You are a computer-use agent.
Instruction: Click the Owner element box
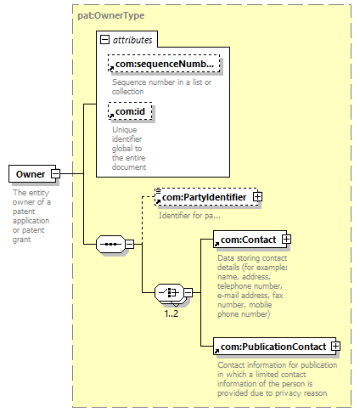pyautogui.click(x=32, y=173)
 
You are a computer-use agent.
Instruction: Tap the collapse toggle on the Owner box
pyautogui.click(x=55, y=173)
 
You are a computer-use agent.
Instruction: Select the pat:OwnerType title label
pyautogui.click(x=111, y=15)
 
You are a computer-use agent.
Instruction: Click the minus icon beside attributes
pyautogui.click(x=104, y=40)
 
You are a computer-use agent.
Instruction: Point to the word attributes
pyautogui.click(x=132, y=40)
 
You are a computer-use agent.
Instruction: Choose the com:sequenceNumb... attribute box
pyautogui.click(x=164, y=64)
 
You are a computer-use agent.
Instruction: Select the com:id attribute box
pyautogui.click(x=130, y=111)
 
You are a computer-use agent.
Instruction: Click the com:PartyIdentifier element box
pyautogui.click(x=206, y=197)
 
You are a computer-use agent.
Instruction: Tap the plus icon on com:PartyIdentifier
pyautogui.click(x=257, y=197)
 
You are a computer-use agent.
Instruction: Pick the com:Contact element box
pyautogui.click(x=250, y=240)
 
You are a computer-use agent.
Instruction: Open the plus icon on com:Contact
pyautogui.click(x=286, y=240)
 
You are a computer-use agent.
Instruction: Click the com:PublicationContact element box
pyautogui.click(x=274, y=346)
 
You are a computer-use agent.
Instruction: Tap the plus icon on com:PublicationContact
pyautogui.click(x=335, y=346)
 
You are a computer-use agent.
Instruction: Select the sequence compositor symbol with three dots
pyautogui.click(x=110, y=244)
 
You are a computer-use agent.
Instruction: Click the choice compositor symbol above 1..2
pyautogui.click(x=169, y=292)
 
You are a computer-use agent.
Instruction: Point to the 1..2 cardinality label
pyautogui.click(x=172, y=313)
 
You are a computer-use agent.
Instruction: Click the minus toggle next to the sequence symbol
pyautogui.click(x=130, y=244)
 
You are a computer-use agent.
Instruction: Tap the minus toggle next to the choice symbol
pyautogui.click(x=188, y=292)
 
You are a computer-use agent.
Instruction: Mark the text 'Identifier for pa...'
pyautogui.click(x=189, y=216)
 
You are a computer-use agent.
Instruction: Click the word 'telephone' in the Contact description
pyautogui.click(x=234, y=286)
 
